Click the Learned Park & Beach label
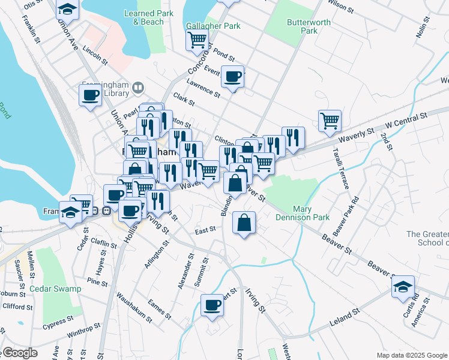(143, 17)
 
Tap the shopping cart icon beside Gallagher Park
(197, 40)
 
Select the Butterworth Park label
(301, 26)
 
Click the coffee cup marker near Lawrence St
(232, 77)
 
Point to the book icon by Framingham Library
(138, 89)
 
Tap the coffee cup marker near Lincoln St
(91, 95)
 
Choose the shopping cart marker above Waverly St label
(330, 121)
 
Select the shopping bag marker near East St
(244, 223)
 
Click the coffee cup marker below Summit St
(211, 305)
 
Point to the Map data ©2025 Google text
(411, 355)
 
